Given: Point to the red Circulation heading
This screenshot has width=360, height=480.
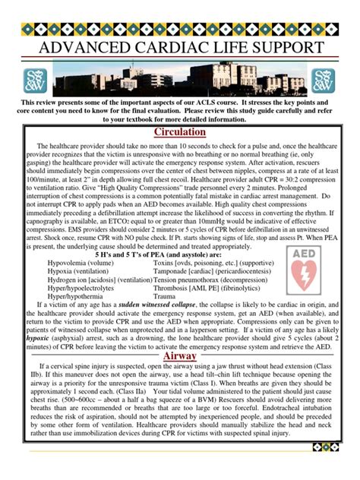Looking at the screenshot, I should click(180, 131).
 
